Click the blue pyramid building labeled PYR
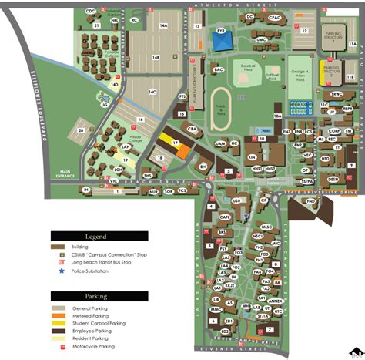coord(223,41)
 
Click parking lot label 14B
coord(155,58)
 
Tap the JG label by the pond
coord(104,105)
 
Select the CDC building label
coord(90,12)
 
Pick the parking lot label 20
coord(80,131)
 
